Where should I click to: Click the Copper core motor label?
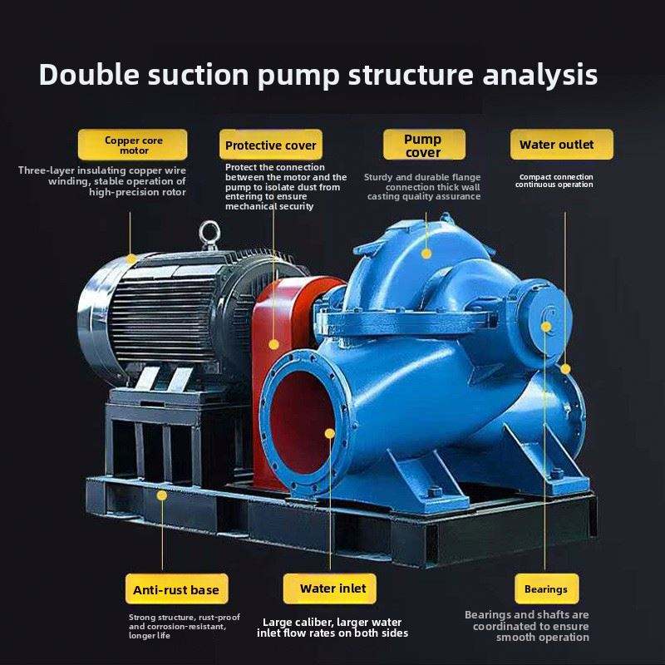(x=133, y=145)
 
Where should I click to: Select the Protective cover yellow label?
(x=271, y=145)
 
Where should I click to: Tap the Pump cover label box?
(x=423, y=145)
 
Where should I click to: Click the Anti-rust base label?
(x=176, y=589)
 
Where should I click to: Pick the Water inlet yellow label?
(x=332, y=589)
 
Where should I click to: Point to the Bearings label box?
(x=545, y=589)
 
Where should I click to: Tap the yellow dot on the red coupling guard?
(x=274, y=344)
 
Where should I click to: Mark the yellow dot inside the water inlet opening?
(x=330, y=433)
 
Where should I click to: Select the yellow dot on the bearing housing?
(x=546, y=327)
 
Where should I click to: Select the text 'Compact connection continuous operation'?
(x=554, y=180)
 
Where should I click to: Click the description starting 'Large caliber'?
(x=332, y=628)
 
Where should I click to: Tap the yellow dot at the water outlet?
(x=565, y=367)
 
